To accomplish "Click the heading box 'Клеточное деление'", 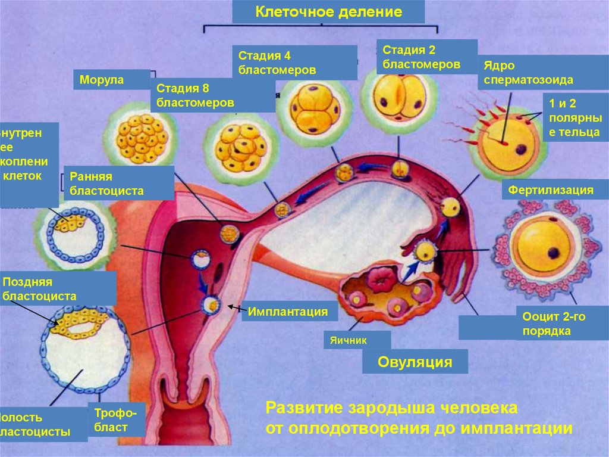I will pyautogui.click(x=328, y=12).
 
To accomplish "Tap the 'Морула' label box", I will pyautogui.click(x=111, y=80).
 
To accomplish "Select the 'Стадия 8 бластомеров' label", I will pyautogui.click(x=212, y=95).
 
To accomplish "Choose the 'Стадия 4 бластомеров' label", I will pyautogui.click(x=294, y=63).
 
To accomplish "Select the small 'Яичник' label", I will pyautogui.click(x=357, y=340).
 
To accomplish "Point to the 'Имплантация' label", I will pyautogui.click(x=288, y=311).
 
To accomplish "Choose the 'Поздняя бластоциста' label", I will pyautogui.click(x=58, y=288).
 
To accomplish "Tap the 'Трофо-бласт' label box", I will pyautogui.click(x=117, y=419).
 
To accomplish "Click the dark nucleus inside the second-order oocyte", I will pyautogui.click(x=554, y=253).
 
